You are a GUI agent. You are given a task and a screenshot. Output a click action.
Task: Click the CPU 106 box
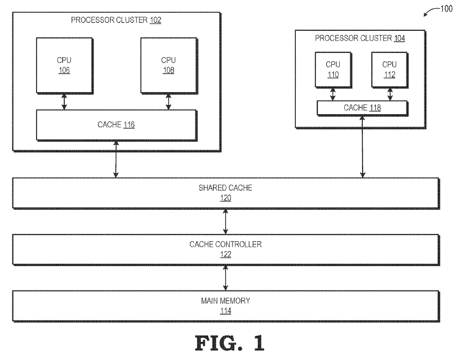(65, 65)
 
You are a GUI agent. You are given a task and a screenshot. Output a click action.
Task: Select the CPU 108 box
(169, 65)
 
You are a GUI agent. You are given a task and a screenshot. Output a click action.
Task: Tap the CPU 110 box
(333, 70)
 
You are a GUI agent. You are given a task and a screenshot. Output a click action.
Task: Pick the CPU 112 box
(390, 70)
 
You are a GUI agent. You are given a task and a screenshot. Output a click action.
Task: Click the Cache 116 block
(116, 125)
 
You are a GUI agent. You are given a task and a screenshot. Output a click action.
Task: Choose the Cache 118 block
(362, 108)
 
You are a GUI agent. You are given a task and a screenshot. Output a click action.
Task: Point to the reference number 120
(226, 198)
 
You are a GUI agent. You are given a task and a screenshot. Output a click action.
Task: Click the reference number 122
(226, 255)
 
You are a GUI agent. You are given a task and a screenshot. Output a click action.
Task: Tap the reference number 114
(226, 311)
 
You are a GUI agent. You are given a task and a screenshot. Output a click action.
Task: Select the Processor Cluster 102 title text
(116, 20)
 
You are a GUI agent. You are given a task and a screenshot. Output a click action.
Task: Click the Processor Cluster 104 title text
(360, 38)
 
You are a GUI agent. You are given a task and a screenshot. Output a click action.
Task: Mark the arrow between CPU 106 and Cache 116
(64, 102)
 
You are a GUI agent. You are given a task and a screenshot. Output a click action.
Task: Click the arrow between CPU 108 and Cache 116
(168, 102)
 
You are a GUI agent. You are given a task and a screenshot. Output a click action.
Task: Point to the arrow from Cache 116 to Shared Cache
(116, 159)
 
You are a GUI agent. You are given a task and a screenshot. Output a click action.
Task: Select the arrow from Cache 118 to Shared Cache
(362, 147)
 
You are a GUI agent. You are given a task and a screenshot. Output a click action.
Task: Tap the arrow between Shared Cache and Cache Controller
(225, 222)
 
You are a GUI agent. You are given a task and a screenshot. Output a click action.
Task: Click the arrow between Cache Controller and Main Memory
(225, 278)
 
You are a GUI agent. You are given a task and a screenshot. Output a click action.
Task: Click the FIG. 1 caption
(230, 343)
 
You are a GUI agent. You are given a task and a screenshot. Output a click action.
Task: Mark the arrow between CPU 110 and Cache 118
(333, 94)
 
